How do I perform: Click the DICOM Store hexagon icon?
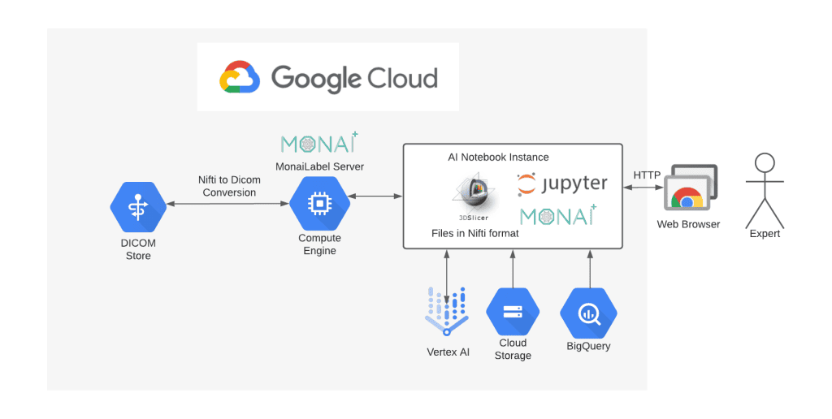coord(138,206)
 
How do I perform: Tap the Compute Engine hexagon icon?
coord(319,203)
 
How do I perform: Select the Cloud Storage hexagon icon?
coord(513,311)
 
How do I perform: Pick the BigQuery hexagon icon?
coord(588,313)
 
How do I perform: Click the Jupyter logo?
coord(562,184)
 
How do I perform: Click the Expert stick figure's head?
coord(764,162)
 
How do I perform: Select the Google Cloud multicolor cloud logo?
coord(239,77)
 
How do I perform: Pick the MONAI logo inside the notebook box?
coord(558,215)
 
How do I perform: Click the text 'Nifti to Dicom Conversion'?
coord(229,186)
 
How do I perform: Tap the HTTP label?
coord(647,175)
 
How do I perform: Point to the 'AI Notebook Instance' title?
coord(498,157)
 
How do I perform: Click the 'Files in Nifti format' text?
coord(475,234)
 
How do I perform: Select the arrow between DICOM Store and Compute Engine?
coord(228,205)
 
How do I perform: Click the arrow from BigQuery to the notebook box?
coord(588,268)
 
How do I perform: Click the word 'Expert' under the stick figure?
coord(765,234)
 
